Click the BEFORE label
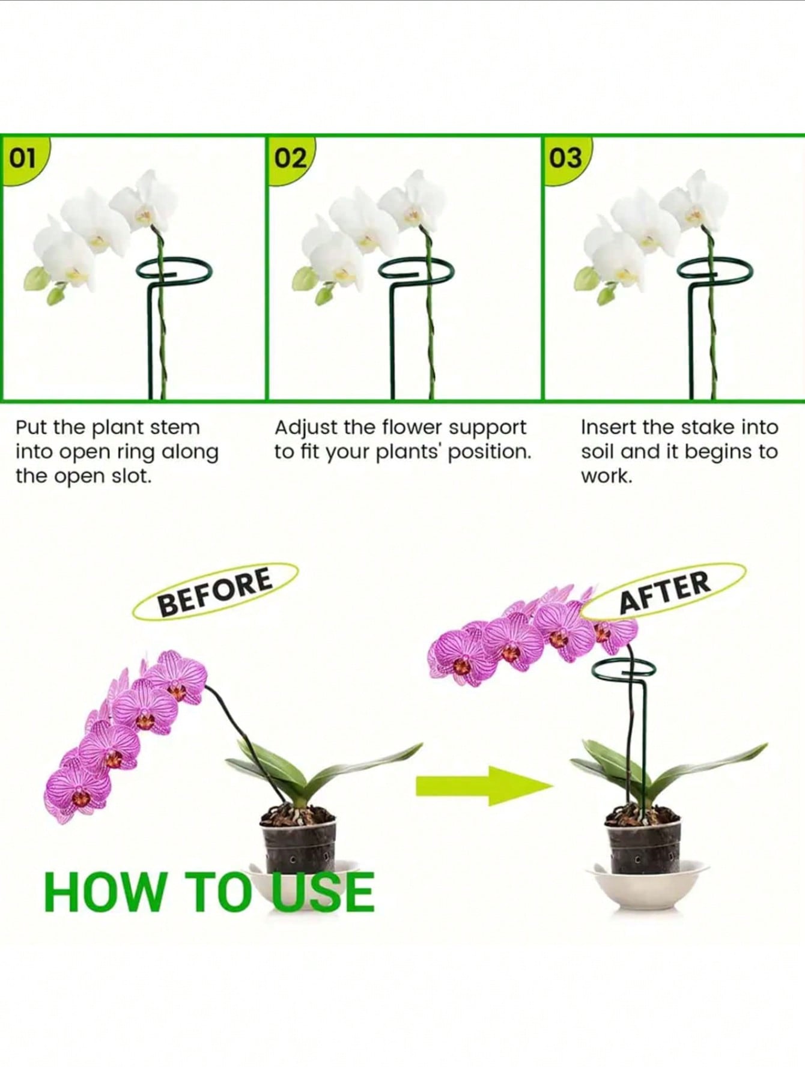pos(215,592)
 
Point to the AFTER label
pos(664,592)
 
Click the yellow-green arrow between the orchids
pos(484,785)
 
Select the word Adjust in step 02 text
pos(305,429)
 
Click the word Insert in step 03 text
pos(607,428)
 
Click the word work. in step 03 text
pos(606,476)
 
